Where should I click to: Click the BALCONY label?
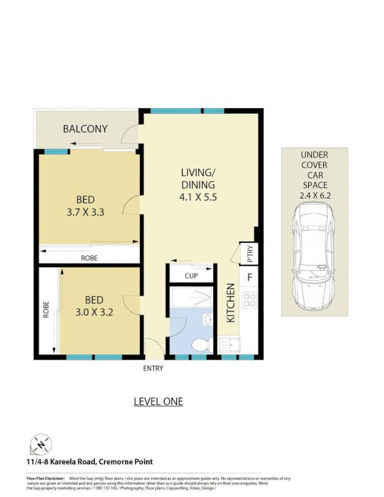(85, 129)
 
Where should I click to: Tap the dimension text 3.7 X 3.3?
(85, 212)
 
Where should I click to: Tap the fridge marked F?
(250, 277)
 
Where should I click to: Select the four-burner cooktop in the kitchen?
(249, 301)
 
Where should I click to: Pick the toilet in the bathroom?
(200, 345)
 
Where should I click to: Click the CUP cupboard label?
(191, 276)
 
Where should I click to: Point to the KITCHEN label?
(231, 303)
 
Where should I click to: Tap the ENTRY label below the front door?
(153, 368)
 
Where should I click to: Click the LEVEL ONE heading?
(158, 401)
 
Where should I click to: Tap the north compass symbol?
(41, 445)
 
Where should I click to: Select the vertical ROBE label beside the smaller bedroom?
(46, 310)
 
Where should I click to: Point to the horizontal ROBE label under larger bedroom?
(88, 257)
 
